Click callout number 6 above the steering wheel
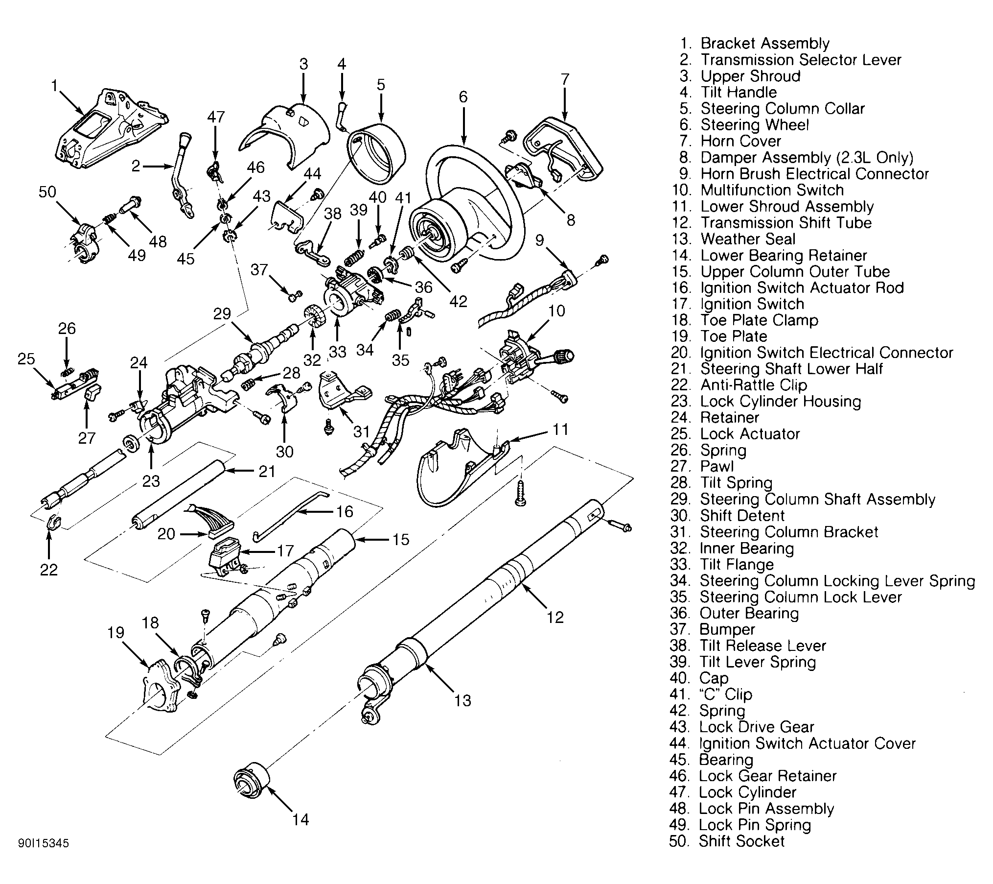462,97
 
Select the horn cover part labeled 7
563,147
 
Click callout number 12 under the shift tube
555,617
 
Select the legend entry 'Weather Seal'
748,239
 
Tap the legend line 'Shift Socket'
741,841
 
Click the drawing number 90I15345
44,843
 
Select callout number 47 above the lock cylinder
216,117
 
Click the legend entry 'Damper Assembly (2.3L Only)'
807,158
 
